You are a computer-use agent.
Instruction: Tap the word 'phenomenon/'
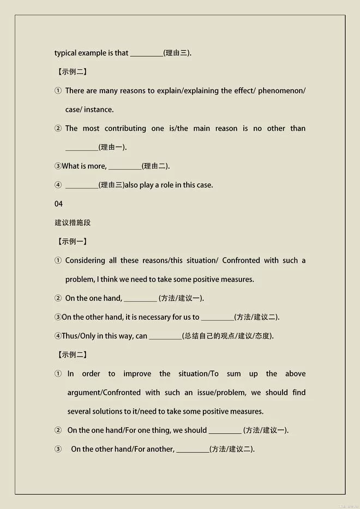pos(281,90)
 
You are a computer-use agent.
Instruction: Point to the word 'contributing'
pos(125,129)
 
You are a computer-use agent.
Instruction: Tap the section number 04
pos(59,204)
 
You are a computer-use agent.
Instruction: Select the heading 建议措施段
pos(73,222)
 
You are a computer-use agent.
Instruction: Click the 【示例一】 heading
pos(72,241)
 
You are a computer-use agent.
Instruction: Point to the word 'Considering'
pos(86,260)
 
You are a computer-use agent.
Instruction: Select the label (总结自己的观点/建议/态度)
pos(228,336)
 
